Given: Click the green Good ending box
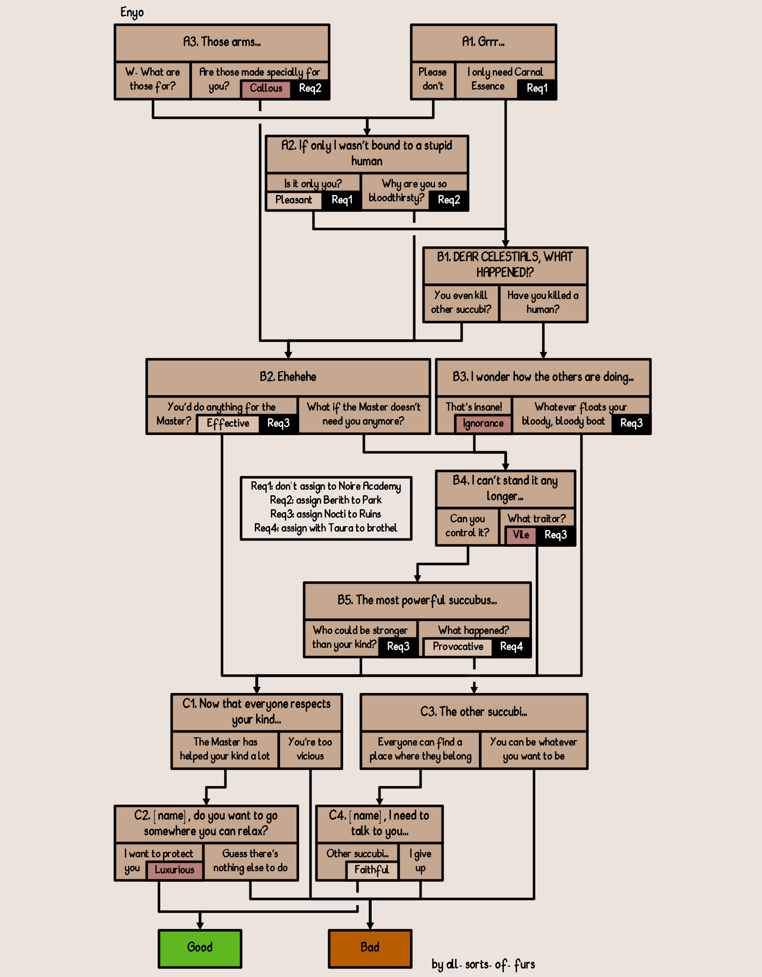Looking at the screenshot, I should click(200, 947).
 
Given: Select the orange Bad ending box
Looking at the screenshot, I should click(370, 947).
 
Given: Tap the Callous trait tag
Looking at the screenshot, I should click(266, 88).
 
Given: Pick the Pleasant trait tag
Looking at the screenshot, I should click(294, 200).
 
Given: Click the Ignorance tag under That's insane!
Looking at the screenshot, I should click(483, 424).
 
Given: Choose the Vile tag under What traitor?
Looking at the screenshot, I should click(521, 535).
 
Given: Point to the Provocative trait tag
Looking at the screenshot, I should click(458, 647).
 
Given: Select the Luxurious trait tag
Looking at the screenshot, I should click(174, 870).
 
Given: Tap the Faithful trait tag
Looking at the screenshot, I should click(372, 870).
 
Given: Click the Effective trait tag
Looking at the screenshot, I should click(228, 424).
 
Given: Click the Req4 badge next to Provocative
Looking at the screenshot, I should click(511, 647).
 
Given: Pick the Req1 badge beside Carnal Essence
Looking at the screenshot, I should click(537, 88).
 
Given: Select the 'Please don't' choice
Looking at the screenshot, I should click(433, 79).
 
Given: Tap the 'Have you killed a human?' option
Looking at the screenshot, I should click(543, 302).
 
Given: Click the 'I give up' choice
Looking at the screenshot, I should click(420, 861).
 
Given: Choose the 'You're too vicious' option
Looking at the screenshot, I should click(310, 749).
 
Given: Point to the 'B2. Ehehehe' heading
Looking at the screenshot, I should click(288, 377).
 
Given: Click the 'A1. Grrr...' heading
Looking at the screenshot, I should click(483, 42).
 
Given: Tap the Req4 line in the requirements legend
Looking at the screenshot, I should click(326, 528).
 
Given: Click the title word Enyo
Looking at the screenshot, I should click(132, 13).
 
